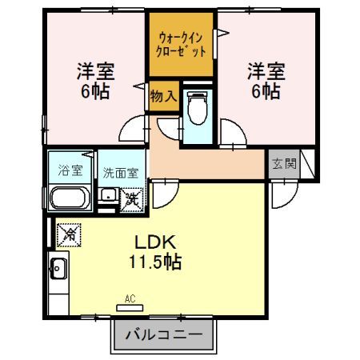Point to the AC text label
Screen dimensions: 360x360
(x=130, y=299)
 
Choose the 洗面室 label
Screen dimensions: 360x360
(x=120, y=170)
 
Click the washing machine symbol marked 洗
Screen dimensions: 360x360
(x=133, y=196)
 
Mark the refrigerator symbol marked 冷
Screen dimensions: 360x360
(x=69, y=234)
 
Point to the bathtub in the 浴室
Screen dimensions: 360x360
(x=68, y=198)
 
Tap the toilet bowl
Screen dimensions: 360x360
(x=196, y=106)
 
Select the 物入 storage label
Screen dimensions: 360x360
(x=163, y=96)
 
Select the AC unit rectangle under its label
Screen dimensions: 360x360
(x=130, y=309)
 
